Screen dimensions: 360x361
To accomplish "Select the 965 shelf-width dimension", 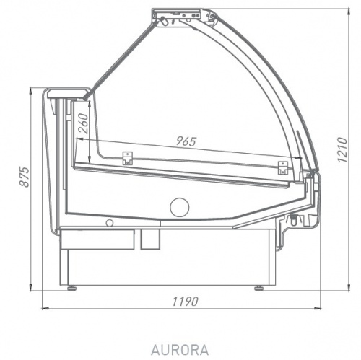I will click(x=186, y=142).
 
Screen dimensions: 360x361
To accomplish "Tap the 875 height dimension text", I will click(x=25, y=189).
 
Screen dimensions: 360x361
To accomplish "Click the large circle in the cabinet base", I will click(x=179, y=208).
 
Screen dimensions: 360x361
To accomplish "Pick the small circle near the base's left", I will click(x=110, y=223).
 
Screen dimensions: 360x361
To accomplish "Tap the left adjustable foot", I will click(x=71, y=286).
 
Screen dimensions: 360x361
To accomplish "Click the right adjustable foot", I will click(x=258, y=286).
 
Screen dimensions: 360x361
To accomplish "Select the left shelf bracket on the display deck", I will click(x=129, y=158).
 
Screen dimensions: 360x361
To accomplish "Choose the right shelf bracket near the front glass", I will click(x=282, y=168).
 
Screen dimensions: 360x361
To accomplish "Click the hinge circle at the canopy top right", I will click(x=209, y=14).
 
